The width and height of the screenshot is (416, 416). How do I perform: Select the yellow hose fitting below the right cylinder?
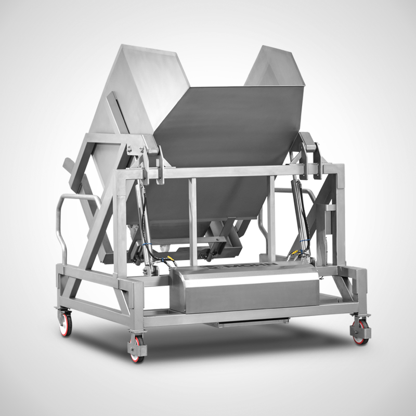[295, 253]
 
